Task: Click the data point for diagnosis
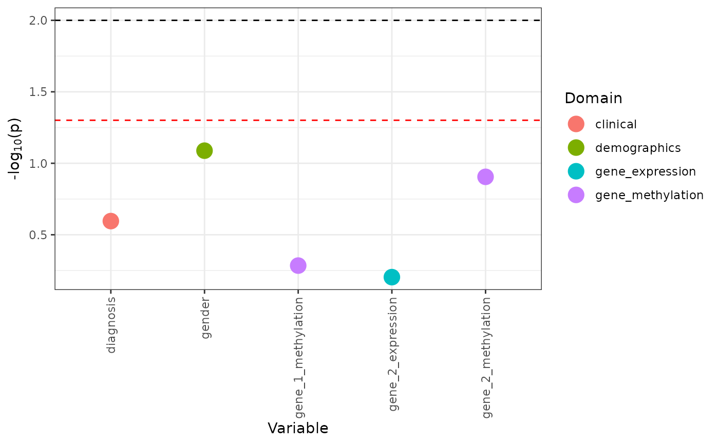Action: point(111,221)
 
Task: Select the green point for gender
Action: point(204,150)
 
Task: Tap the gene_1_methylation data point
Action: point(298,265)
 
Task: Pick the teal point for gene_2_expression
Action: point(391,277)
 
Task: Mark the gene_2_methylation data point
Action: point(485,177)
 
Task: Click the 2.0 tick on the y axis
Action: point(42,21)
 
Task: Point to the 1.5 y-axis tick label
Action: point(42,92)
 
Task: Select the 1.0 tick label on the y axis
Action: point(42,163)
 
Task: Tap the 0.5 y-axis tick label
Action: point(42,235)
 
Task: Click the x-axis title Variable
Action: point(298,428)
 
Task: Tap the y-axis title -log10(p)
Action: point(16,148)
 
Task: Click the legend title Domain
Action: point(593,98)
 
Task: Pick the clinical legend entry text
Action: point(616,124)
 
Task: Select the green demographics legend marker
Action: point(576,148)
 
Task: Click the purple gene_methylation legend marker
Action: point(576,195)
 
